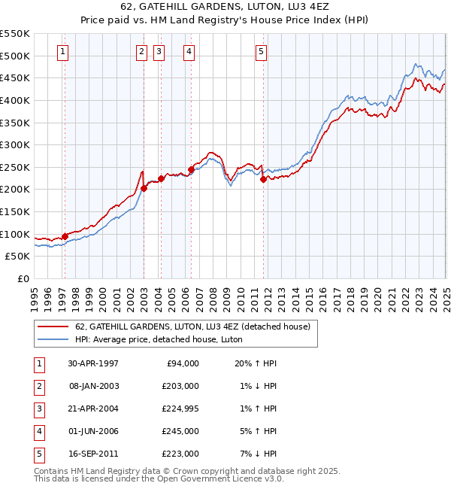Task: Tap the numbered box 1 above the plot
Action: coord(62,52)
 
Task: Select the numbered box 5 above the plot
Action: coord(261,52)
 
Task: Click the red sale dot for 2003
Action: coord(144,188)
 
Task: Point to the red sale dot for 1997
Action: coord(65,236)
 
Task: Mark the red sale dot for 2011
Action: coord(263,179)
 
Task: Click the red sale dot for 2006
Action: coord(191,170)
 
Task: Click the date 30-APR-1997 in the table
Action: coord(93,363)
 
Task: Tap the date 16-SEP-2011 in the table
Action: coord(93,454)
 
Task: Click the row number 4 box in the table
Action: coord(38,431)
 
